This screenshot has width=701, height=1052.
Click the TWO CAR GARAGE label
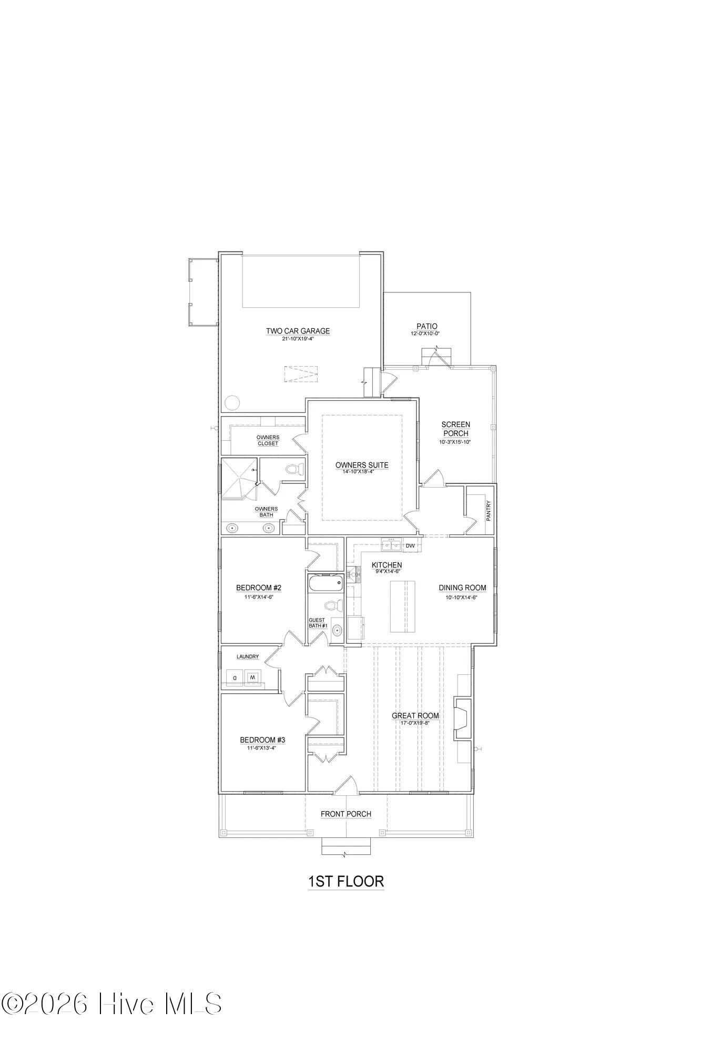point(298,331)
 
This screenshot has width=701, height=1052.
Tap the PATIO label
point(426,327)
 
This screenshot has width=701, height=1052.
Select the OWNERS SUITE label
point(362,465)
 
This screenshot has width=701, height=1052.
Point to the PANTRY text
point(489,510)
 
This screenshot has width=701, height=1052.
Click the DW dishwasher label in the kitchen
point(410,545)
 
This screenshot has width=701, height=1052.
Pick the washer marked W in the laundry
point(252,677)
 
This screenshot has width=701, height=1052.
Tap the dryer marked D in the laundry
point(235,677)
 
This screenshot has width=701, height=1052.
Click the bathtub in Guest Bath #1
point(326,583)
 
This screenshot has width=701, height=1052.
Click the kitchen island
point(402,606)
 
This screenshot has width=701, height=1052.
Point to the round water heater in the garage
point(231,403)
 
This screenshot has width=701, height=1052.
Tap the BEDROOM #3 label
point(262,740)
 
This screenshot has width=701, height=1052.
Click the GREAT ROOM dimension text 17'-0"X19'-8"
point(415,723)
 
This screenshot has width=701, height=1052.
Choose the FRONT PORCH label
point(346,814)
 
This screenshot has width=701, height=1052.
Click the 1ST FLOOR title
point(346,881)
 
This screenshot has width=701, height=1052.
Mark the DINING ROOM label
point(463,588)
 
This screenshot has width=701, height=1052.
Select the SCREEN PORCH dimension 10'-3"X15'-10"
point(455,442)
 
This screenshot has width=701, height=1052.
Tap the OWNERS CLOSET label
point(268,440)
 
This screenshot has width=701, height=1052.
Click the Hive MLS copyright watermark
point(111,1004)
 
